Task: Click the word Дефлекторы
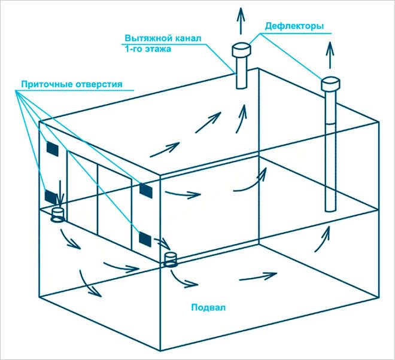click(x=295, y=27)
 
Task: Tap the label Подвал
click(x=209, y=308)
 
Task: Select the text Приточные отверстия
click(x=72, y=84)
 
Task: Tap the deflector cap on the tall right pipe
click(x=330, y=84)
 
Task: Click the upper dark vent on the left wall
click(x=52, y=148)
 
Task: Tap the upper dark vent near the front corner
click(x=145, y=190)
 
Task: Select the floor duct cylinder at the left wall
click(x=58, y=215)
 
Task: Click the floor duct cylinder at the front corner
click(x=171, y=260)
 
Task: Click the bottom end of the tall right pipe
click(x=330, y=209)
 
